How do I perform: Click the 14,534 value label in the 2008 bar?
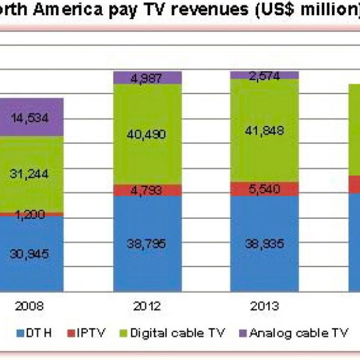coord(29,118)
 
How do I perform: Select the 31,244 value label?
coord(29,174)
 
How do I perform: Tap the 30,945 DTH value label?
coord(29,253)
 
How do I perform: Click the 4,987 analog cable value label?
coord(147,78)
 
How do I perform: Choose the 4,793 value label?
coord(147,191)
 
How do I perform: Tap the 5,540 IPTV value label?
coord(264,189)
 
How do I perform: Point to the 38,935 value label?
coord(264,244)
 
